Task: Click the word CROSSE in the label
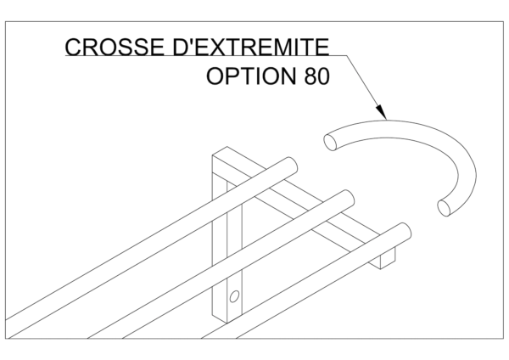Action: [115, 47]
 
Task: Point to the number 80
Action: [316, 76]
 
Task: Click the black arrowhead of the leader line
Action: [382, 112]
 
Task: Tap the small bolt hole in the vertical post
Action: [234, 296]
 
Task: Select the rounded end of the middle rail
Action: [348, 198]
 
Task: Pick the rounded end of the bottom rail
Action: [405, 231]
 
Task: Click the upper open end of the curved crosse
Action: [330, 142]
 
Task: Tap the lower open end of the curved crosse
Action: [444, 208]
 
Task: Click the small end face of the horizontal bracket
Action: [388, 258]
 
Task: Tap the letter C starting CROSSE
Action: [73, 47]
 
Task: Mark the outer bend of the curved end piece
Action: [467, 153]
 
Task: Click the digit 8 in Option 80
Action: [310, 76]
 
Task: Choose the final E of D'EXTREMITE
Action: [322, 47]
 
